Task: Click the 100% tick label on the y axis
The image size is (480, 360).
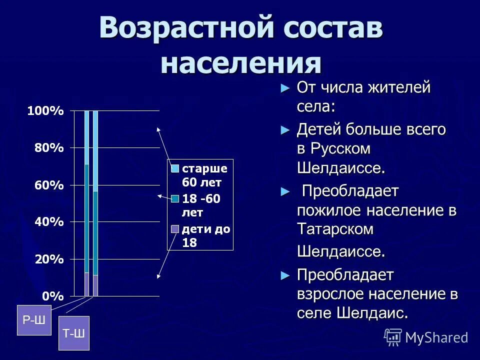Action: point(45,111)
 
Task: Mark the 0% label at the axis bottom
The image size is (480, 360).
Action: point(52,296)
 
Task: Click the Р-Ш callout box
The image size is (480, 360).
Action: point(34,320)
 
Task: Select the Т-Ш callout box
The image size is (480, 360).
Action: point(74,333)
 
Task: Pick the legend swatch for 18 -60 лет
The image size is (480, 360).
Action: point(174,199)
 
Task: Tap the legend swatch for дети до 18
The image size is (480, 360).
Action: point(174,229)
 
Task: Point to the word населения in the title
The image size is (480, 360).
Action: point(240,63)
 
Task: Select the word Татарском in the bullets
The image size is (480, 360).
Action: point(335,229)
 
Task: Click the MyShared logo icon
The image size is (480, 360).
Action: point(393,337)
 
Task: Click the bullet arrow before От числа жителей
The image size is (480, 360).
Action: point(285,88)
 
